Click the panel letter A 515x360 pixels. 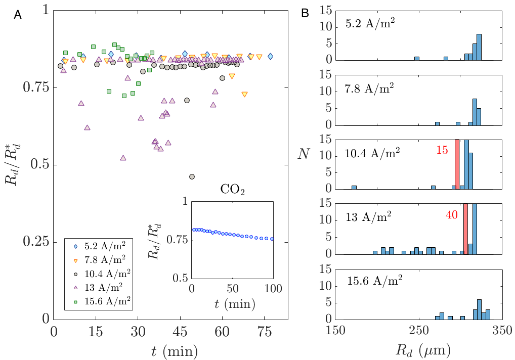(18, 16)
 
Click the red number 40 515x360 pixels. (452, 214)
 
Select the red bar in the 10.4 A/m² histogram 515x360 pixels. (457, 164)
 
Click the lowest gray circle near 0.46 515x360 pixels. (192, 177)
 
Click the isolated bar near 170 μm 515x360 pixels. (354, 187)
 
